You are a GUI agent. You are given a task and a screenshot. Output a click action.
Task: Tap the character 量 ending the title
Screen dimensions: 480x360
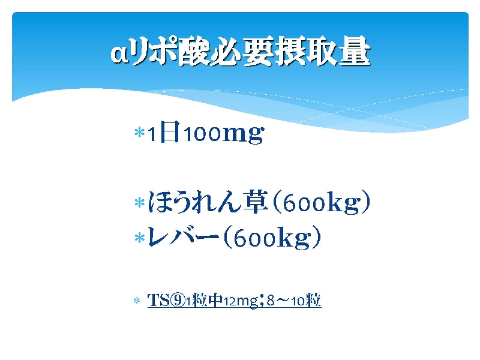[x=355, y=51]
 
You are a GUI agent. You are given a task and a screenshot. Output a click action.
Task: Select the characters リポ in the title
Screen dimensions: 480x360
[x=153, y=51]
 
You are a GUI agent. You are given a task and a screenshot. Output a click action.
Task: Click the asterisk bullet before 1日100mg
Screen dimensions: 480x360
[x=140, y=133]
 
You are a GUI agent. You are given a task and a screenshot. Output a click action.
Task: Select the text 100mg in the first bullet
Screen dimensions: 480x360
[x=223, y=134]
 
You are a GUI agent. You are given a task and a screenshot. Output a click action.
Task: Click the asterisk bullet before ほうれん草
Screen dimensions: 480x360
[x=140, y=203]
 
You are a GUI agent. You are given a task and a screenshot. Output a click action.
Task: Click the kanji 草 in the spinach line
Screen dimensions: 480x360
[x=256, y=202]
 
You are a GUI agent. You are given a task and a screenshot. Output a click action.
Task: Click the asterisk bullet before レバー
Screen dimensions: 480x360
[x=140, y=238]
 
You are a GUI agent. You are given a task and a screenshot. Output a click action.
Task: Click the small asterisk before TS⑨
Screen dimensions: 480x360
[x=137, y=301]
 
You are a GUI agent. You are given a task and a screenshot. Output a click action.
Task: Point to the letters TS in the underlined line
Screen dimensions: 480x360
[x=158, y=300]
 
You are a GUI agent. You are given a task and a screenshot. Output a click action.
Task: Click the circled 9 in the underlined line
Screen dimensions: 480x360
[x=178, y=301]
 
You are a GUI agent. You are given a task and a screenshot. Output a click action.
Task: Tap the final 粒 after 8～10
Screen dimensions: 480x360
[x=314, y=300]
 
